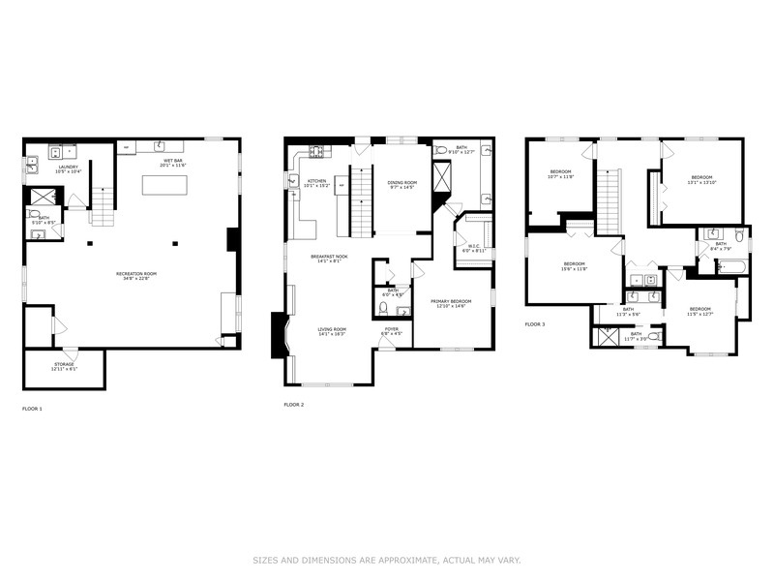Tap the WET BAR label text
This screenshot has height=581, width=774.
click(x=173, y=161)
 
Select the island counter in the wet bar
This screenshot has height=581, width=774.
click(x=164, y=184)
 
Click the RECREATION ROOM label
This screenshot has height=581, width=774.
click(x=136, y=274)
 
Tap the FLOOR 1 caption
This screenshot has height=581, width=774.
click(x=32, y=409)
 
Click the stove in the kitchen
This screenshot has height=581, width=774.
click(x=317, y=151)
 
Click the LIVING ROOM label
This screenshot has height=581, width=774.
click(x=332, y=329)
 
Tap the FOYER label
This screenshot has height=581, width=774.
click(x=391, y=329)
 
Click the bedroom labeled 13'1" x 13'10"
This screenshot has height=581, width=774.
click(x=701, y=178)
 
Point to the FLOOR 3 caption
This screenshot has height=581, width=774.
click(x=535, y=324)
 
